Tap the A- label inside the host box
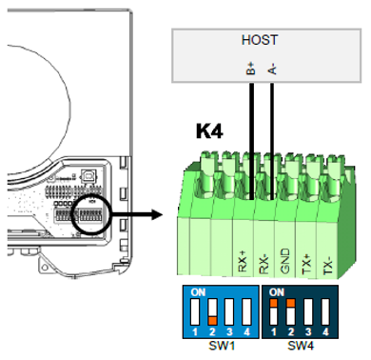pyautogui.click(x=273, y=69)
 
